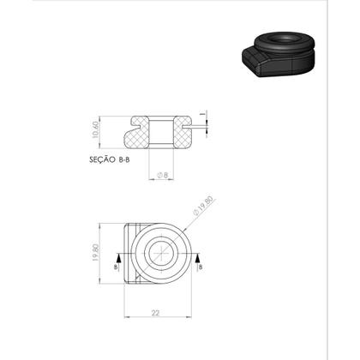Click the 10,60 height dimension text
[x=95, y=130]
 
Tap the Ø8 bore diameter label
[x=163, y=175]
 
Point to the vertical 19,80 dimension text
[x=95, y=253]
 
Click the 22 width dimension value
[x=155, y=313]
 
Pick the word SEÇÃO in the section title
[x=103, y=159]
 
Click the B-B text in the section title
[x=123, y=160]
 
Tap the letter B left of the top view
[x=116, y=267]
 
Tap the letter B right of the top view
[x=201, y=267]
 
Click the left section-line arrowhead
[x=118, y=258]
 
